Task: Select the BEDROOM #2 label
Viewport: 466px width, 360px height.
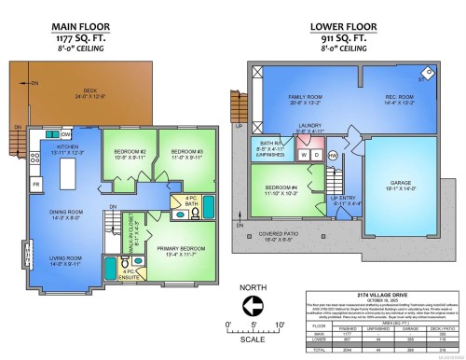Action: click(x=129, y=154)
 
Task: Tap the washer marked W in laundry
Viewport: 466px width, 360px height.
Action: click(x=304, y=154)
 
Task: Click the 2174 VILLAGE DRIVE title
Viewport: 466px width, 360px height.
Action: click(x=386, y=293)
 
